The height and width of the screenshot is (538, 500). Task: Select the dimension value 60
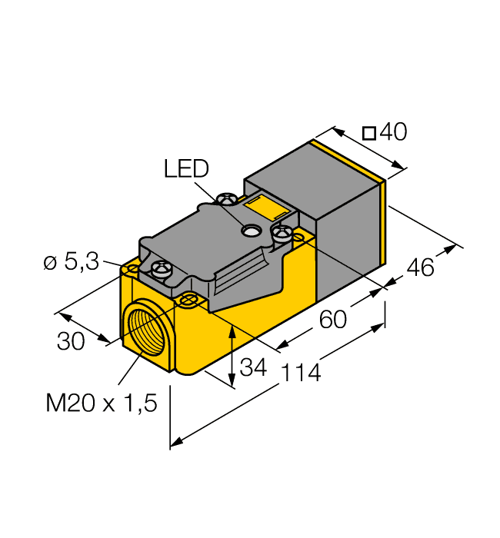pyautogui.click(x=333, y=318)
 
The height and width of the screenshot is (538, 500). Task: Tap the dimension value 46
pyautogui.click(x=420, y=267)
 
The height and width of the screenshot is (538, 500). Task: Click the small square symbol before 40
pyautogui.click(x=369, y=133)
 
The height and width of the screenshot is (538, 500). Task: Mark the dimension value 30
pyautogui.click(x=71, y=340)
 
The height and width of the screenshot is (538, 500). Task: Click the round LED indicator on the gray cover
pyautogui.click(x=250, y=230)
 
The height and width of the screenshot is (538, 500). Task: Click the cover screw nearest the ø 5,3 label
pyautogui.click(x=161, y=268)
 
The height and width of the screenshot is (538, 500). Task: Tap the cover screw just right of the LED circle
pyautogui.click(x=280, y=231)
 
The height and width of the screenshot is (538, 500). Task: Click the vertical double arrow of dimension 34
pyautogui.click(x=232, y=354)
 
